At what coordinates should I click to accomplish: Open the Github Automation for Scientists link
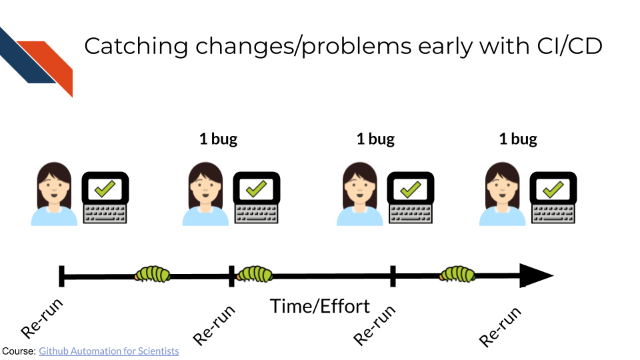point(109,351)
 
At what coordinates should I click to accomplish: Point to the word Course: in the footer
point(19,351)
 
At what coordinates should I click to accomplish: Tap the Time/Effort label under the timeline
point(319,306)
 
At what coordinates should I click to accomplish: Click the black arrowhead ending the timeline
point(536,276)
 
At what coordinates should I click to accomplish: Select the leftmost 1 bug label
point(218,139)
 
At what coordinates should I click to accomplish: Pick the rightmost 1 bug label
point(518,139)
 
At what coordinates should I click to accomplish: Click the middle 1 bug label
point(375,139)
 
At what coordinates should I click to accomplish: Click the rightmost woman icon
point(502,194)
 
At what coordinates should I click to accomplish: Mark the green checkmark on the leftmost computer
point(105,189)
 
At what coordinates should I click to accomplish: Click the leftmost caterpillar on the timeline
point(153,273)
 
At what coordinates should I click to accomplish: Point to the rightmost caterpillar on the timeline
point(457,273)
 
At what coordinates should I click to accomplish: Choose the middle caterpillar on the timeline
point(255,273)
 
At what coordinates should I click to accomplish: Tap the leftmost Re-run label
point(43,318)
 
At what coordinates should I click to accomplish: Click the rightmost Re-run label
point(499,327)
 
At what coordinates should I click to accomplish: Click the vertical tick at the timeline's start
point(61,276)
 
